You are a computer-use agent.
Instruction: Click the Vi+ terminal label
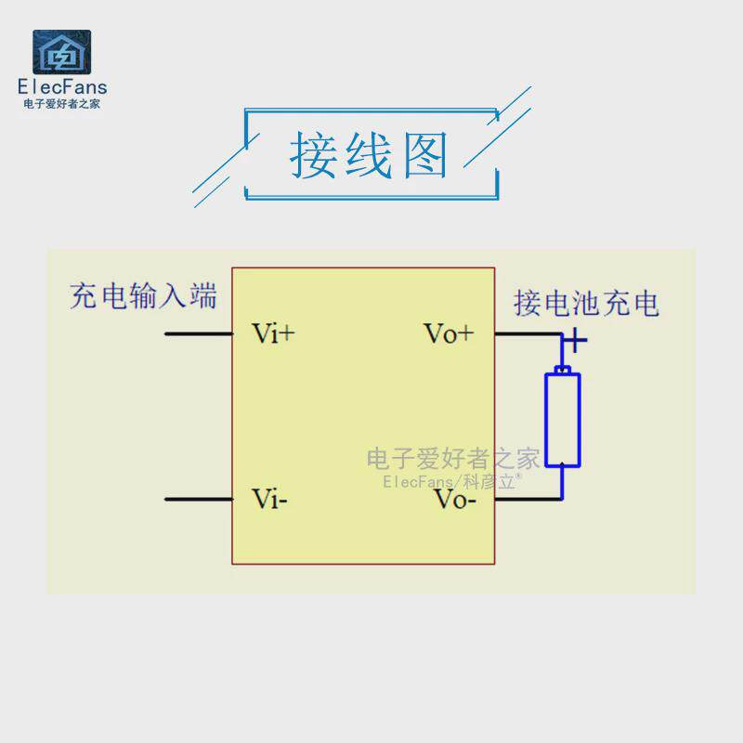(273, 333)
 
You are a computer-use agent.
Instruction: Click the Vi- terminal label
(269, 499)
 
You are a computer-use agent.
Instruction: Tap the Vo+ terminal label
(448, 333)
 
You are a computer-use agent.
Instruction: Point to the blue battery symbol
(563, 418)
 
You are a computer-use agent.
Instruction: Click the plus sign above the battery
(576, 341)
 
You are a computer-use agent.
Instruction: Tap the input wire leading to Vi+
(198, 333)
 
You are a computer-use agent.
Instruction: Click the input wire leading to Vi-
(198, 500)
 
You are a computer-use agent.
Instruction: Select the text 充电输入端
(144, 296)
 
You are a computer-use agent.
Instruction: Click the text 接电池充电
(586, 303)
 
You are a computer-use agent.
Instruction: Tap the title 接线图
(370, 154)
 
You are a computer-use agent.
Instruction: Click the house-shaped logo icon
(62, 52)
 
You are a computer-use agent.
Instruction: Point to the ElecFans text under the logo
(62, 87)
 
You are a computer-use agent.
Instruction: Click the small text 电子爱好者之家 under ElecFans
(62, 103)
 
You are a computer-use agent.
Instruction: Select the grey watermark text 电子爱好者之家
(453, 458)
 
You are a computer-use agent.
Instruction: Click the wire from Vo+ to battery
(527, 333)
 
